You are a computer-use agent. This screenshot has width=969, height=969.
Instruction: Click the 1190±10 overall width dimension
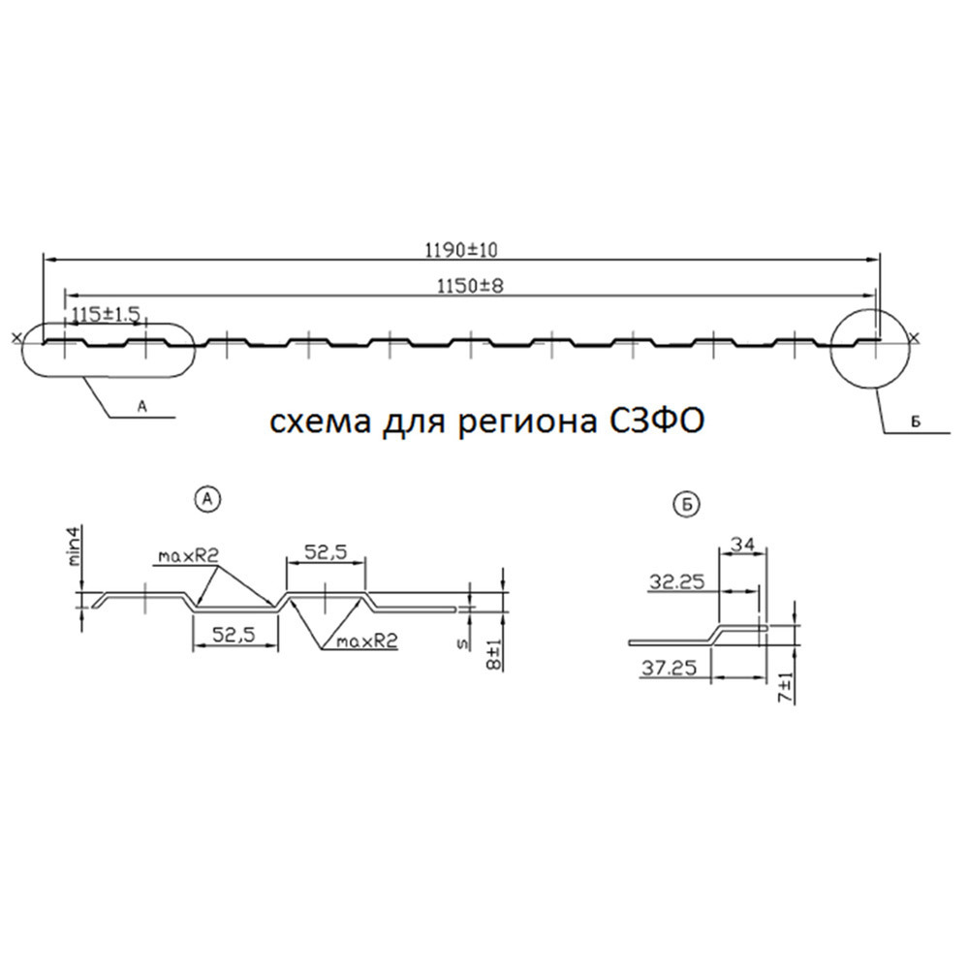[x=461, y=250]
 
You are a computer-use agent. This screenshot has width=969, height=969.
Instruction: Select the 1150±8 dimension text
[x=470, y=286]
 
